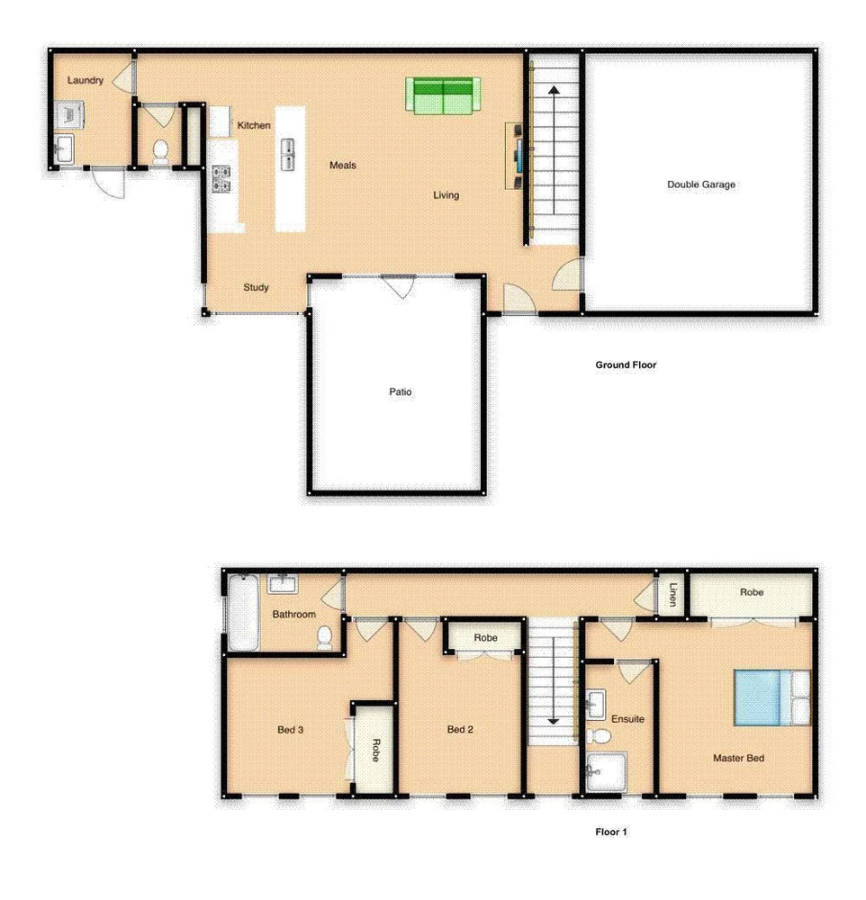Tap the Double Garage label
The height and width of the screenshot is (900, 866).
[700, 184]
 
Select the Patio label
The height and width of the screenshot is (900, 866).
[401, 392]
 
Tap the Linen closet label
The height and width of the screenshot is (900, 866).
[671, 594]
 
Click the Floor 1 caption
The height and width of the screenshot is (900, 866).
[610, 832]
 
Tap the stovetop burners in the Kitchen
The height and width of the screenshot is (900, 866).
[221, 179]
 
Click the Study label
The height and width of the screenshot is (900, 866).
[257, 288]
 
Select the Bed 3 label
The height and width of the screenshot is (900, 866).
[289, 730]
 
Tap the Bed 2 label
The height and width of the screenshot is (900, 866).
[460, 730]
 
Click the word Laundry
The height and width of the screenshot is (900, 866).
[86, 80]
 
